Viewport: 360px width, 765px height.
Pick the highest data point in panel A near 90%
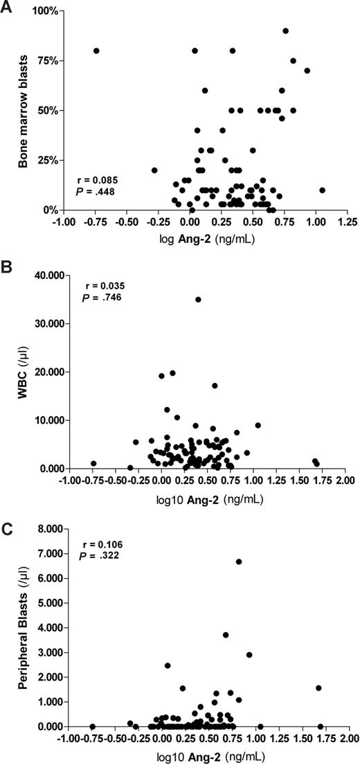[285, 30]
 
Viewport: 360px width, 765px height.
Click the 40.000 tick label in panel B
[44, 275]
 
